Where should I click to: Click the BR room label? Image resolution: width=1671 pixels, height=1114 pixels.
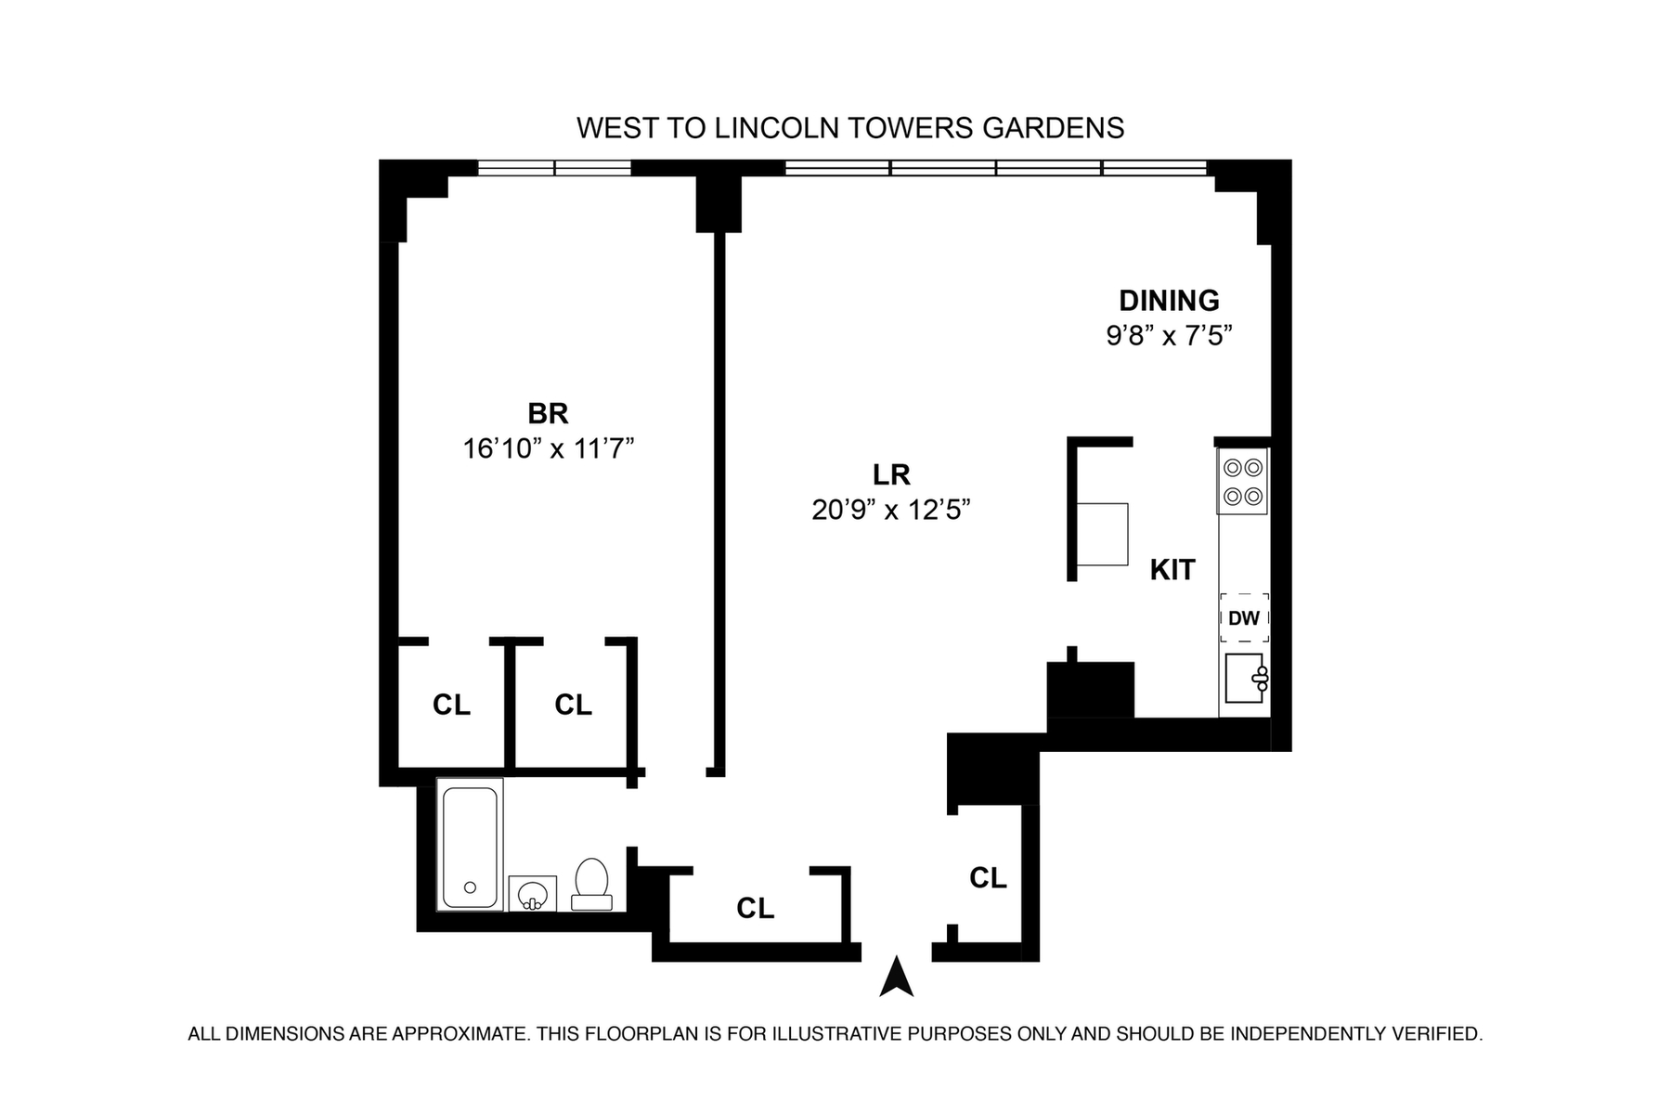(548, 413)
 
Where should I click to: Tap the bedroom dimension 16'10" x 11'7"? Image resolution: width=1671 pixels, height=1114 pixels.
(548, 449)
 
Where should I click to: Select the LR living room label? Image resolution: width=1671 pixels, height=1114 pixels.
(891, 475)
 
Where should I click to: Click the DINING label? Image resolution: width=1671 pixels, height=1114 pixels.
(1169, 301)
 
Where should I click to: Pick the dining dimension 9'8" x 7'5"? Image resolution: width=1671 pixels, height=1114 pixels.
(1169, 335)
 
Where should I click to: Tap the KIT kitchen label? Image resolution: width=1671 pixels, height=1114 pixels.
(1172, 570)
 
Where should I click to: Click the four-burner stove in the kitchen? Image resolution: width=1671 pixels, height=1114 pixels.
(1243, 482)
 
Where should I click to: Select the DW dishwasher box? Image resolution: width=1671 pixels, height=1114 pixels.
(1244, 617)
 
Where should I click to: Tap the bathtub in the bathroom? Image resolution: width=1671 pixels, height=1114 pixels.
(470, 846)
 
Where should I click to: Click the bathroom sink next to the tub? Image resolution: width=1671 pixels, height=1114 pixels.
(532, 893)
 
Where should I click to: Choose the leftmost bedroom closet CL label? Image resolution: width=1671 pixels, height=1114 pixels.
(451, 706)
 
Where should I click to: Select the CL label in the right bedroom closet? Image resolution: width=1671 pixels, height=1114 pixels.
(573, 706)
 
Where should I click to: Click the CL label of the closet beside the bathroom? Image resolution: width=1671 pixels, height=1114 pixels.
(755, 909)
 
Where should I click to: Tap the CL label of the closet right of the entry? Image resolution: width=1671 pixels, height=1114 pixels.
(988, 878)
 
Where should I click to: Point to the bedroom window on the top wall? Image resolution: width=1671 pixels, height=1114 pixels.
(554, 168)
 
